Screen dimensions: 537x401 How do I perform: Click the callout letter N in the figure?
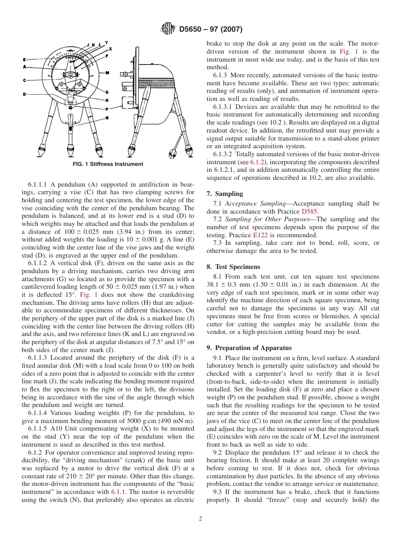[107, 118]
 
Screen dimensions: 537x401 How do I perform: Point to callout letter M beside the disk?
[107, 73]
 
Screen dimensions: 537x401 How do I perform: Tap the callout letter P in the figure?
[107, 109]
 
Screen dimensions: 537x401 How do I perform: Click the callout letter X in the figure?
[110, 49]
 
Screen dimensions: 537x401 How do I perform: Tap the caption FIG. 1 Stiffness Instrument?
[108, 164]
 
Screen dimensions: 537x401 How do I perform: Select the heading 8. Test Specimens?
[233, 267]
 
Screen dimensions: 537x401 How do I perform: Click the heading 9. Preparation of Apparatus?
[249, 348]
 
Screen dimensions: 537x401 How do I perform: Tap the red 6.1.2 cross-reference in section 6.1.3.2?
[257, 162]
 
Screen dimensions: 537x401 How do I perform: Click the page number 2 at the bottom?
[200, 519]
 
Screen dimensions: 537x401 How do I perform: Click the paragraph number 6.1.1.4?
[40, 413]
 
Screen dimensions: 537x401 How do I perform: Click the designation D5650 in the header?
[192, 30]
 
